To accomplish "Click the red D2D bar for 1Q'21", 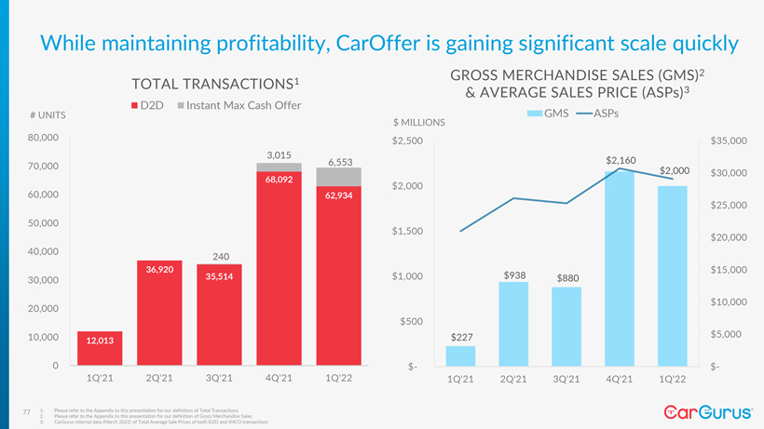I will [100, 348].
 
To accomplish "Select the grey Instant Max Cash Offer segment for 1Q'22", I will [339, 177].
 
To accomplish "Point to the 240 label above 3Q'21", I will [221, 257].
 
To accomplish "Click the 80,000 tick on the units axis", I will [44, 138].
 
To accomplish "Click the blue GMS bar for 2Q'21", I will [513, 324].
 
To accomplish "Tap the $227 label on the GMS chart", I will [461, 337].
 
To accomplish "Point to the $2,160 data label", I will [621, 161].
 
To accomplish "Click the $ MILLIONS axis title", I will [419, 123].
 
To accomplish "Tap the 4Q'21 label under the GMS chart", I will [620, 380].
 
